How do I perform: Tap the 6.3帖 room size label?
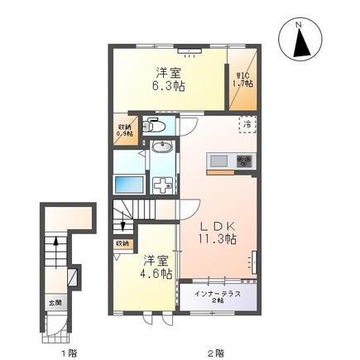(x=169, y=85)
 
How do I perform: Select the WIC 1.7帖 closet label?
(x=242, y=79)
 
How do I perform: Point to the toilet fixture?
(x=155, y=126)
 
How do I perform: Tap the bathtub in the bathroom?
(x=130, y=185)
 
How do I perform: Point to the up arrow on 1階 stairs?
(x=55, y=246)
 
